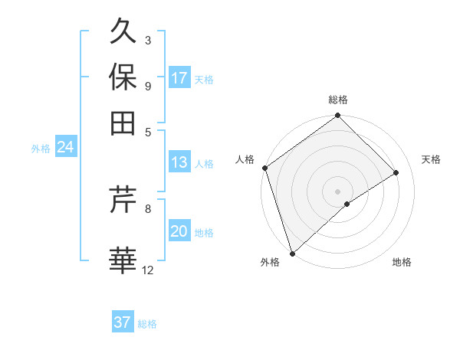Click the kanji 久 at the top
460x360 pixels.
123,32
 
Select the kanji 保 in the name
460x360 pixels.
123,77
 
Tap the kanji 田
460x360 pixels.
123,122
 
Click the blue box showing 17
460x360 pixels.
179,78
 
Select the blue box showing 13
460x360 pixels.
179,162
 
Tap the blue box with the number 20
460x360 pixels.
179,232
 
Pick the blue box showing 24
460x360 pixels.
65,147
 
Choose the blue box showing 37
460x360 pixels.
123,322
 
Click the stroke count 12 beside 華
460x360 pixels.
148,270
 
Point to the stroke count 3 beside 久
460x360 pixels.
148,40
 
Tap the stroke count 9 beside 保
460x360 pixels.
148,85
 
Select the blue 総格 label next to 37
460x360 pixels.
147,324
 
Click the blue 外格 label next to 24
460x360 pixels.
41,149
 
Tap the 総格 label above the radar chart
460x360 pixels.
337,100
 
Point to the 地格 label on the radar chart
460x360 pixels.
402,263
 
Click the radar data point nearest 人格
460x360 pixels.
264,168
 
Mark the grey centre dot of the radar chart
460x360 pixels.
337,191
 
